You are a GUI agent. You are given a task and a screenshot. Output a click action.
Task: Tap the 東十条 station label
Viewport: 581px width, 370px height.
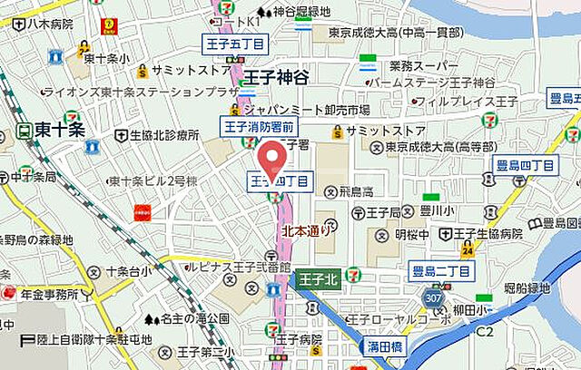60,130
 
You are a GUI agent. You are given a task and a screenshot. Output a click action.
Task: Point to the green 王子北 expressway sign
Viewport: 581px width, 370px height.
318,277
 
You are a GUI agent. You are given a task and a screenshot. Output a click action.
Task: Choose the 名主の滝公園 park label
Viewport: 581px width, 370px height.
194,319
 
